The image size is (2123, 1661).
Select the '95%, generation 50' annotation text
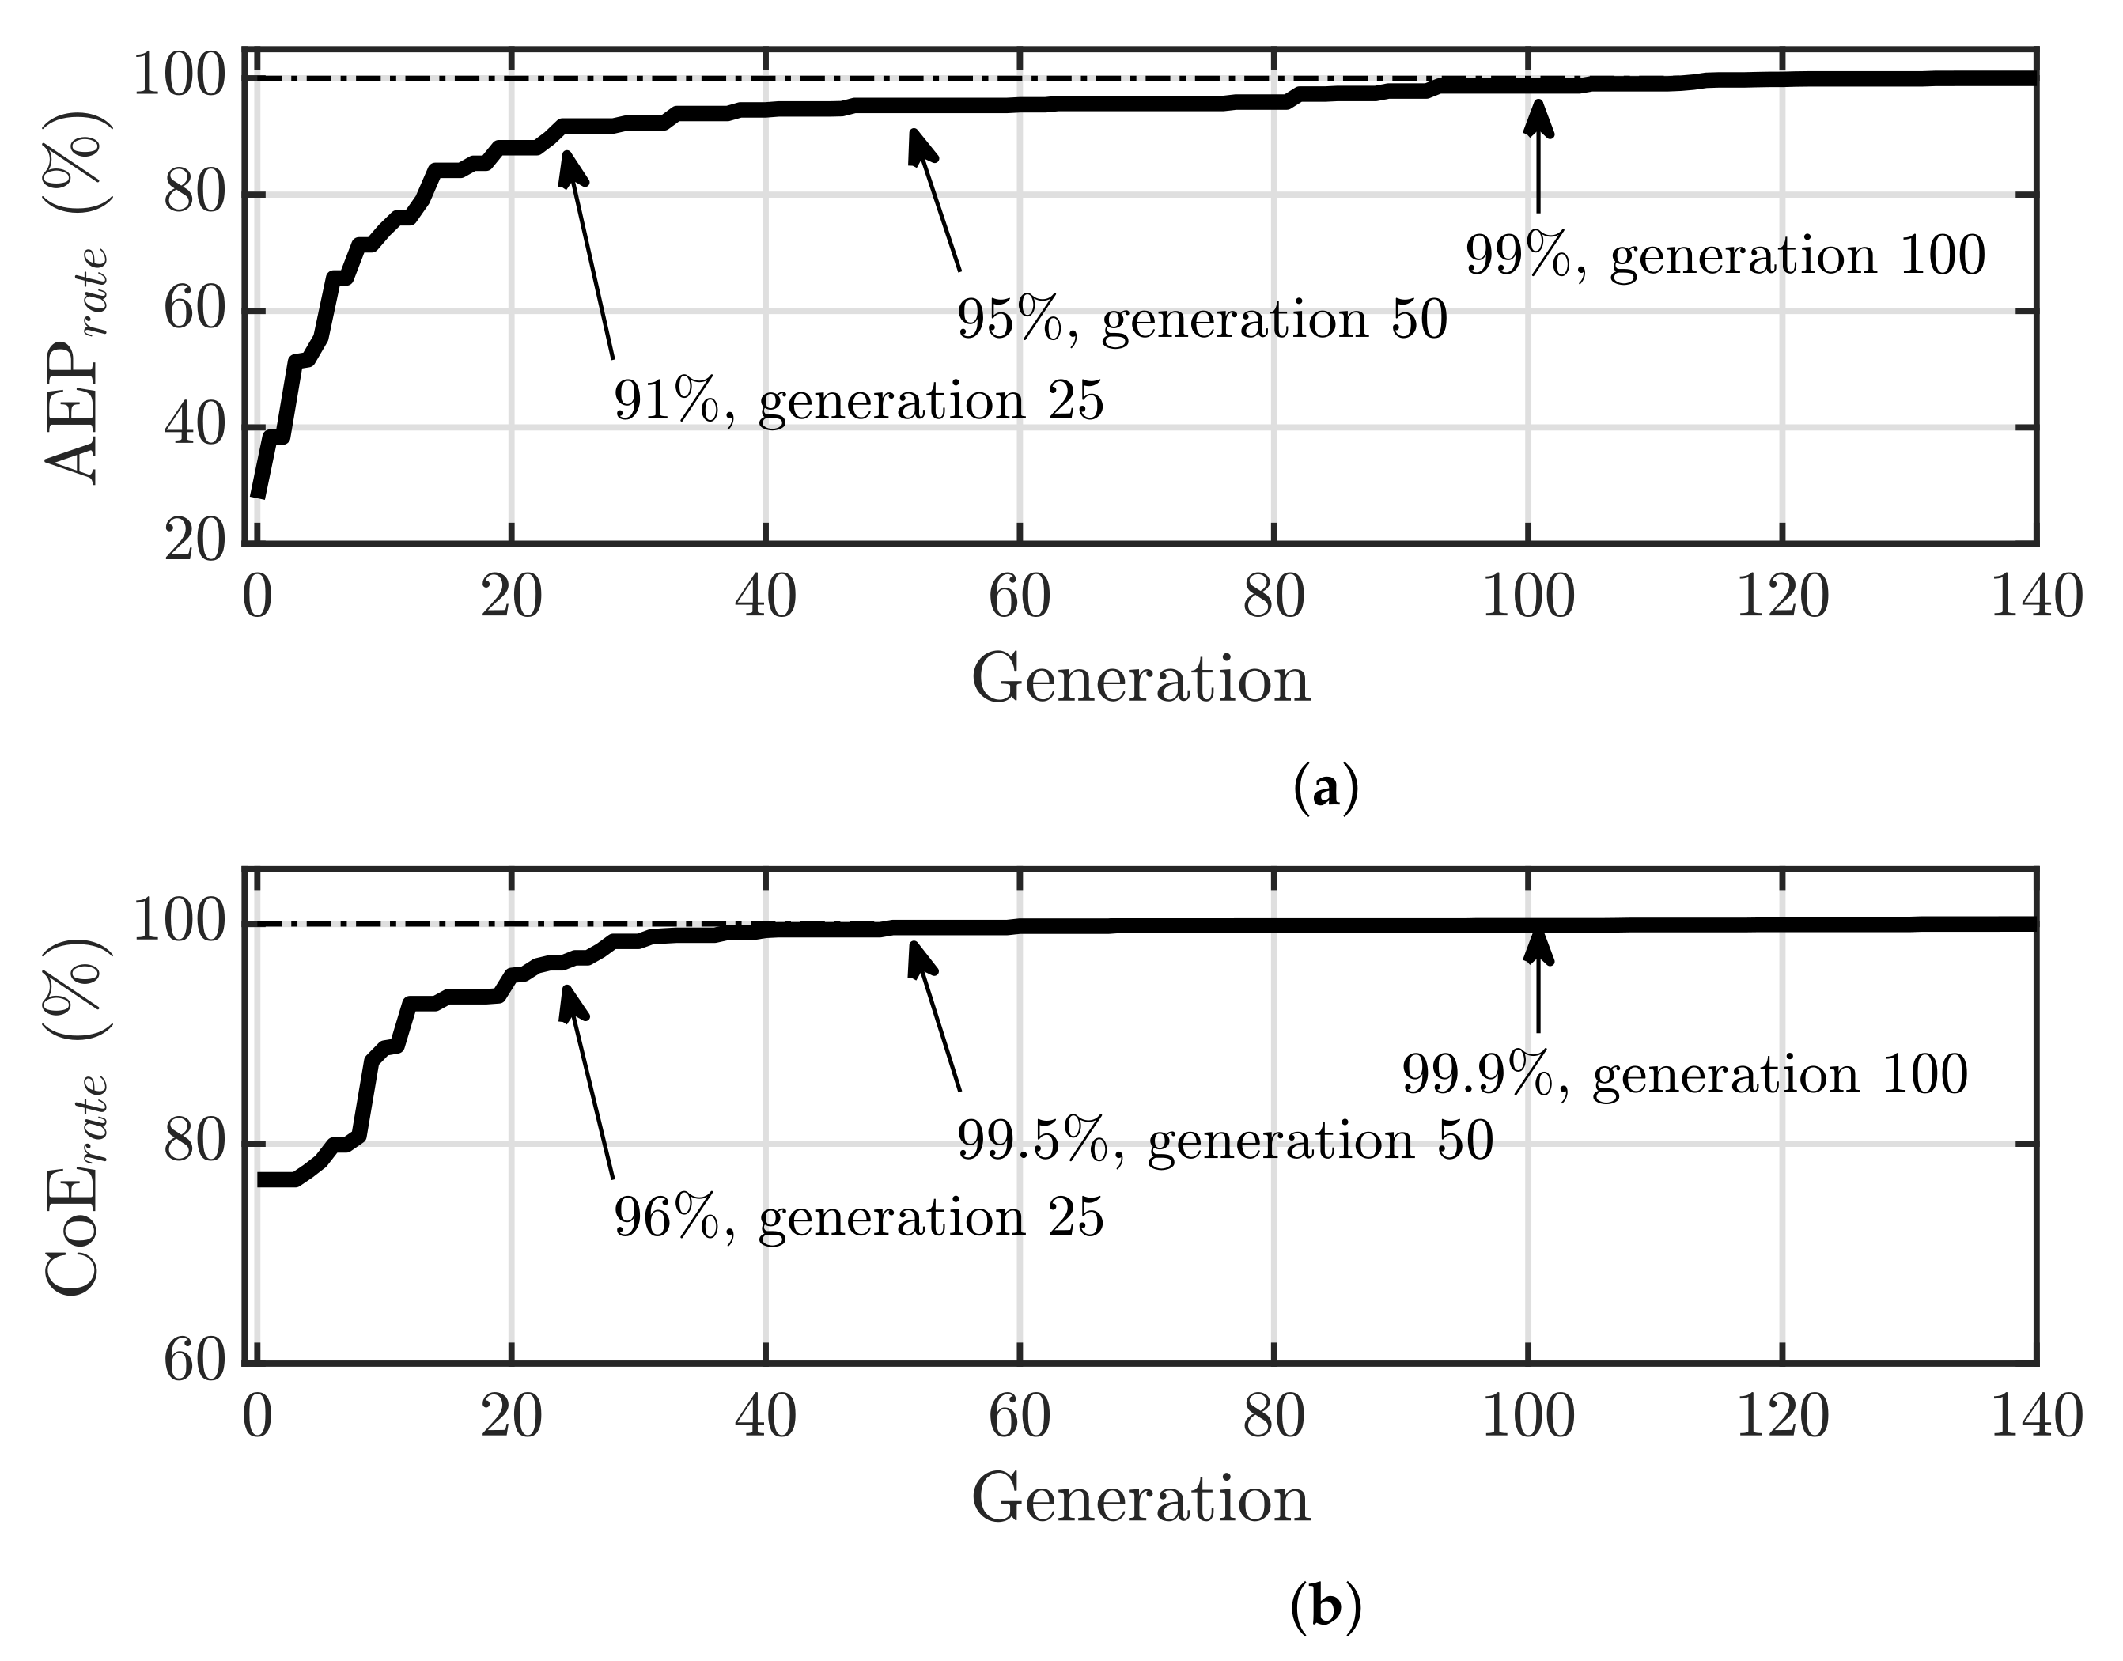click(x=1202, y=320)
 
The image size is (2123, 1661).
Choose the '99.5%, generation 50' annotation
click(x=1225, y=1140)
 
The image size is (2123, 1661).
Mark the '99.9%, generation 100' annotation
click(x=1684, y=1076)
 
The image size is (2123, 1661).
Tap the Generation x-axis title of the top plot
click(x=1141, y=679)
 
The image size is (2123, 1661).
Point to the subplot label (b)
click(x=1326, y=1607)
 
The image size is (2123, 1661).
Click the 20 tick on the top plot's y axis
click(x=195, y=541)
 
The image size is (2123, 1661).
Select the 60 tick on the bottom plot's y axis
click(x=195, y=1360)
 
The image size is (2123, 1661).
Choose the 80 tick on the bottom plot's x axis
click(x=1273, y=1416)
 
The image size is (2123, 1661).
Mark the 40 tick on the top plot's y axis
click(x=195, y=427)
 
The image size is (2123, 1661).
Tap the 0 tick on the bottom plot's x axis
click(x=257, y=1416)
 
